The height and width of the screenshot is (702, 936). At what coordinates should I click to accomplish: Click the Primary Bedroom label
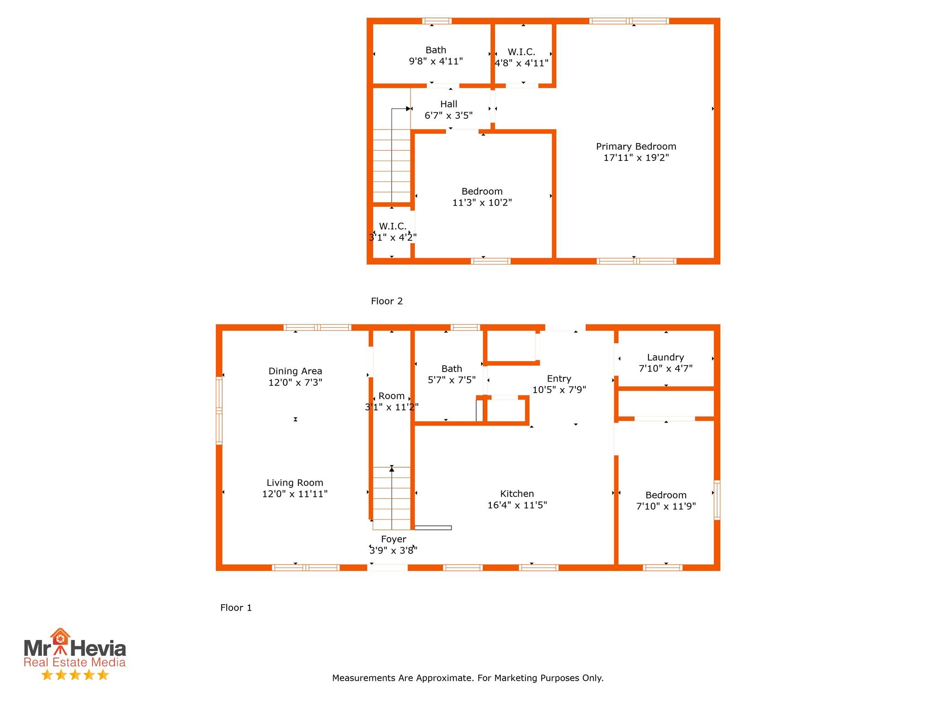(636, 147)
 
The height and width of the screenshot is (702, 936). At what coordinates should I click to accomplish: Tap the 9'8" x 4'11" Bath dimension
(436, 61)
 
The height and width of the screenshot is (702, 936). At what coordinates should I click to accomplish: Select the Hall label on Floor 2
(448, 104)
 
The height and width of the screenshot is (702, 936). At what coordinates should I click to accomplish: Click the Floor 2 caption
(387, 301)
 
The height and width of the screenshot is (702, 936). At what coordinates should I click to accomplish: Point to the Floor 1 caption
(236, 607)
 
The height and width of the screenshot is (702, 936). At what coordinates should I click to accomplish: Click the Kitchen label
(517, 494)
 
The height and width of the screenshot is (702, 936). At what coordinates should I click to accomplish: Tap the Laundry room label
(665, 357)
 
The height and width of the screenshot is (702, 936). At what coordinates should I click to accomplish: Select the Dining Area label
(295, 371)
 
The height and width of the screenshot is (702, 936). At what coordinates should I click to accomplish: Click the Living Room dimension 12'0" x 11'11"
(295, 494)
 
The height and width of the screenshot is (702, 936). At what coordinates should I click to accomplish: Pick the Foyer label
(394, 539)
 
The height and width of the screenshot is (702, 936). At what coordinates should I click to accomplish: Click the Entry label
(559, 378)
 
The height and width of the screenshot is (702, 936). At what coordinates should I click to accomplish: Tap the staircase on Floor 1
(391, 498)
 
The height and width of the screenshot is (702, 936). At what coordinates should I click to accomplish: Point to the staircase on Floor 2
(391, 165)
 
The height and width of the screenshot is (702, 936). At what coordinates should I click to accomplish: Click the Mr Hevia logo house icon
(60, 637)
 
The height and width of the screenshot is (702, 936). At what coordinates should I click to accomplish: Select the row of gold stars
(75, 675)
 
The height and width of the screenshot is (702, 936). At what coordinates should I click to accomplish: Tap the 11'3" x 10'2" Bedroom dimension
(482, 202)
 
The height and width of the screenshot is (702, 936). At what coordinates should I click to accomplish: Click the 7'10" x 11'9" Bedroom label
(666, 495)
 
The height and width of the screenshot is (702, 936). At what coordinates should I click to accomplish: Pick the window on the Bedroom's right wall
(717, 500)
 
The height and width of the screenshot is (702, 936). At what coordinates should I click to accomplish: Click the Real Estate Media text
(74, 662)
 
